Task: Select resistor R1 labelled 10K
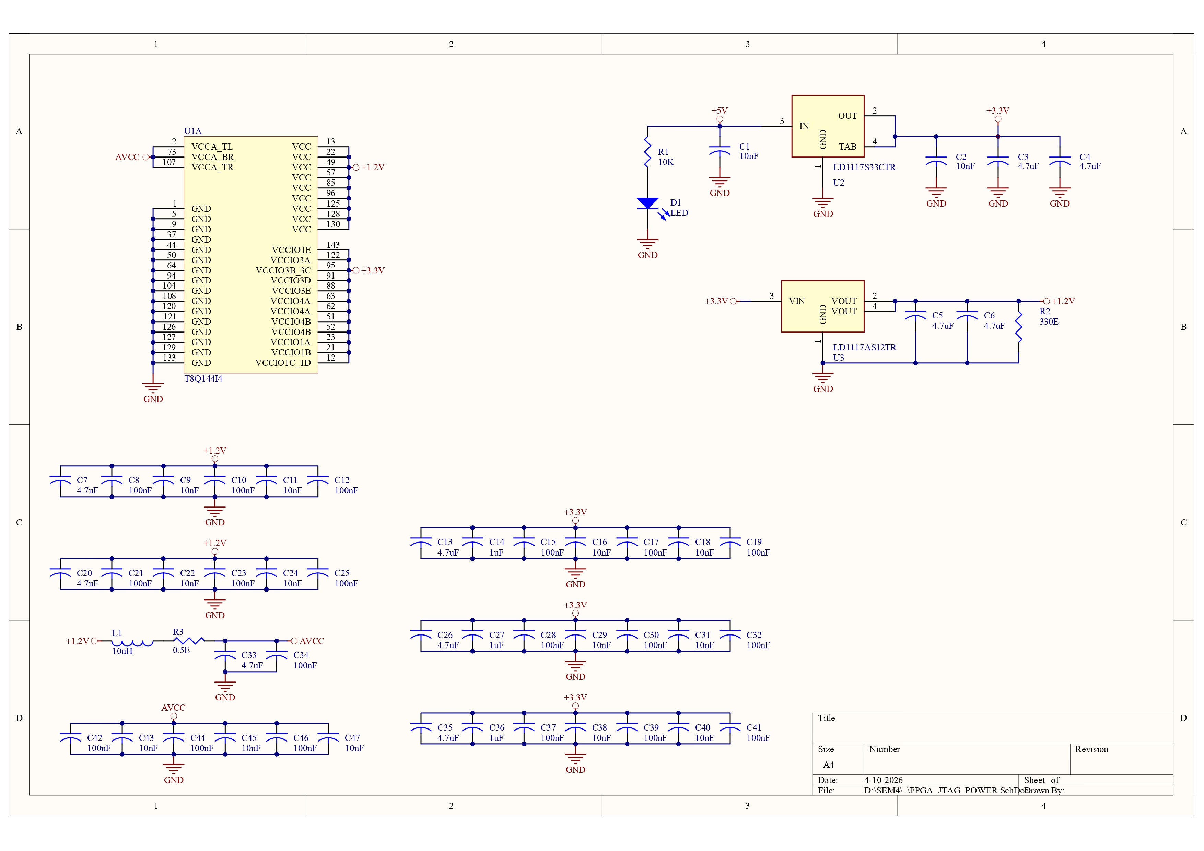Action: coord(648,152)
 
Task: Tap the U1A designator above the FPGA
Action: coord(192,131)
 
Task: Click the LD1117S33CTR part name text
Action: coord(864,167)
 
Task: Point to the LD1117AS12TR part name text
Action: coord(865,347)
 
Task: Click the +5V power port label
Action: coord(720,110)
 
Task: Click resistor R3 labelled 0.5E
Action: coord(189,641)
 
